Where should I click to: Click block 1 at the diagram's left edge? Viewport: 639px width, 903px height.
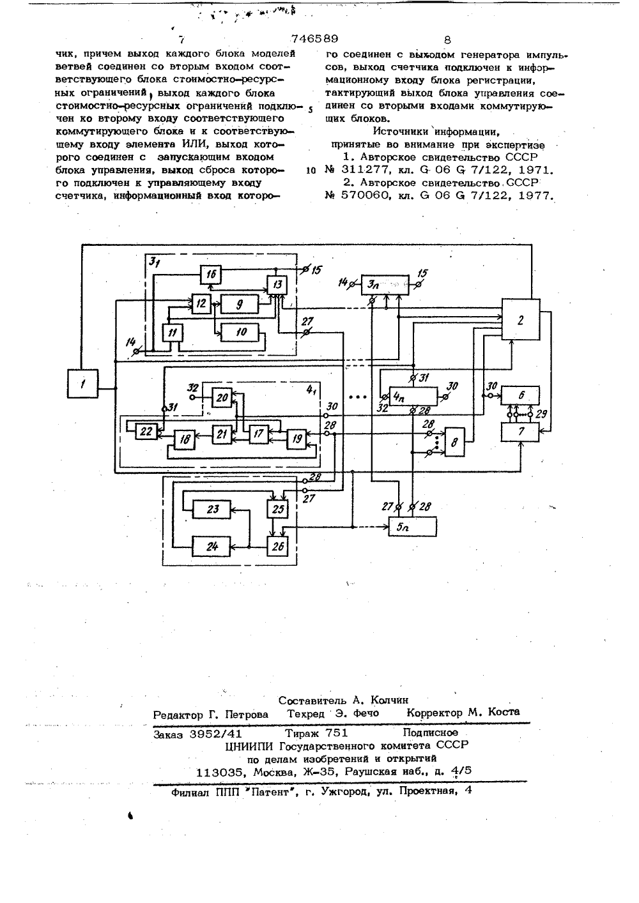pos(82,384)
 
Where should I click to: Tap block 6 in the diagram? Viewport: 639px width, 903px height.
pos(520,395)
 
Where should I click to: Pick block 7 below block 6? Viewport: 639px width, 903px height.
pos(520,432)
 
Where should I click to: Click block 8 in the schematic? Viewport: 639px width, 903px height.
pos(454,442)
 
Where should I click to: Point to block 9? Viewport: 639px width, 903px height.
pos(240,304)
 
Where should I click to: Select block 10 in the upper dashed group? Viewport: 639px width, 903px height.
pos(240,332)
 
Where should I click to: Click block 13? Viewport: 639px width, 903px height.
pos(277,285)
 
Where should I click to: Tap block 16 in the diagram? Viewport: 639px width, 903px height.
pos(211,275)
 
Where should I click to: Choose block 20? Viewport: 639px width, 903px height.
pos(222,397)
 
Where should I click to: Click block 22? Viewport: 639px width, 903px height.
pos(146,432)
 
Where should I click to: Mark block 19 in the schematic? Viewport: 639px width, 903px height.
pos(296,439)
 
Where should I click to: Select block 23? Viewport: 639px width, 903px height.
pos(212,510)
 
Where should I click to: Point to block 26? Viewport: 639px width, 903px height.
pos(277,546)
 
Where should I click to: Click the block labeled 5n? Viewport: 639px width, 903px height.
pos(412,527)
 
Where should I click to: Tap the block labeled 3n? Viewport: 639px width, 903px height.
pos(385,285)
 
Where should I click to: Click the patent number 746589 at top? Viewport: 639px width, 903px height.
pos(314,39)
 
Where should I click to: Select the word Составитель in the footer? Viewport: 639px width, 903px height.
pos(310,700)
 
